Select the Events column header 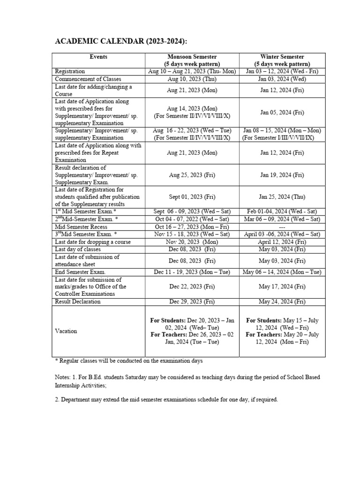(98, 57)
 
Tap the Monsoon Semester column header (192, 60)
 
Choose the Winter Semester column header (282, 60)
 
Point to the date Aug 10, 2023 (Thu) (192, 79)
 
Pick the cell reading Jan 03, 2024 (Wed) (282, 79)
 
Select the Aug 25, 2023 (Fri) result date (192, 175)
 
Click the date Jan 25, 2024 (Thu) (282, 197)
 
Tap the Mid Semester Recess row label (81, 227)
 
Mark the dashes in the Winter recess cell (282, 227)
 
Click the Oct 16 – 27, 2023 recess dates (192, 227)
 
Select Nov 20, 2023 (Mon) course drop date (192, 242)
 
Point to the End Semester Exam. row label (80, 272)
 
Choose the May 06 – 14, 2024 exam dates (282, 272)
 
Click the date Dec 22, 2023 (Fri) (192, 286)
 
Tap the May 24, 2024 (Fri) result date (282, 301)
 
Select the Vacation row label (66, 331)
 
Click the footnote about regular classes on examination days (129, 361)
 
